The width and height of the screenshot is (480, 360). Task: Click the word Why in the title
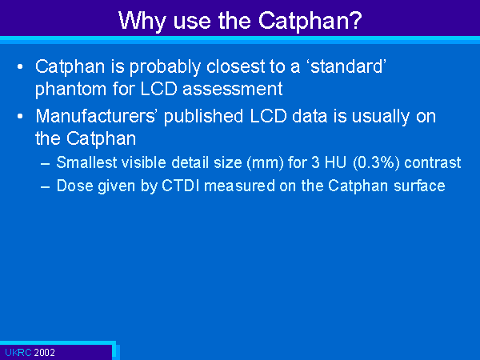142,21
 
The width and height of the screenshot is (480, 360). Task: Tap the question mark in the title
355,20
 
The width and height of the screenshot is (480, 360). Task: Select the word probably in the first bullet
166,67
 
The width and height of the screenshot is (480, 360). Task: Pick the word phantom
71,90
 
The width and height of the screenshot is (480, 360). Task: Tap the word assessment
233,90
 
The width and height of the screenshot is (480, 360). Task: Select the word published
203,117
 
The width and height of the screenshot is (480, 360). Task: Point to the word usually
381,117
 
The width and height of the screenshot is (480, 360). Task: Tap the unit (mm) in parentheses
266,162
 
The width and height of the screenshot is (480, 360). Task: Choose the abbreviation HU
335,162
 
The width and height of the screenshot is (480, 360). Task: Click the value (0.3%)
376,162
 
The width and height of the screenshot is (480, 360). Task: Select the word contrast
433,162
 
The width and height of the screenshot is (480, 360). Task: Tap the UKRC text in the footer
18,353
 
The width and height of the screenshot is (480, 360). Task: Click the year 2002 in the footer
44,353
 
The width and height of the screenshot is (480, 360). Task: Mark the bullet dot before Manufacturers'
20,117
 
